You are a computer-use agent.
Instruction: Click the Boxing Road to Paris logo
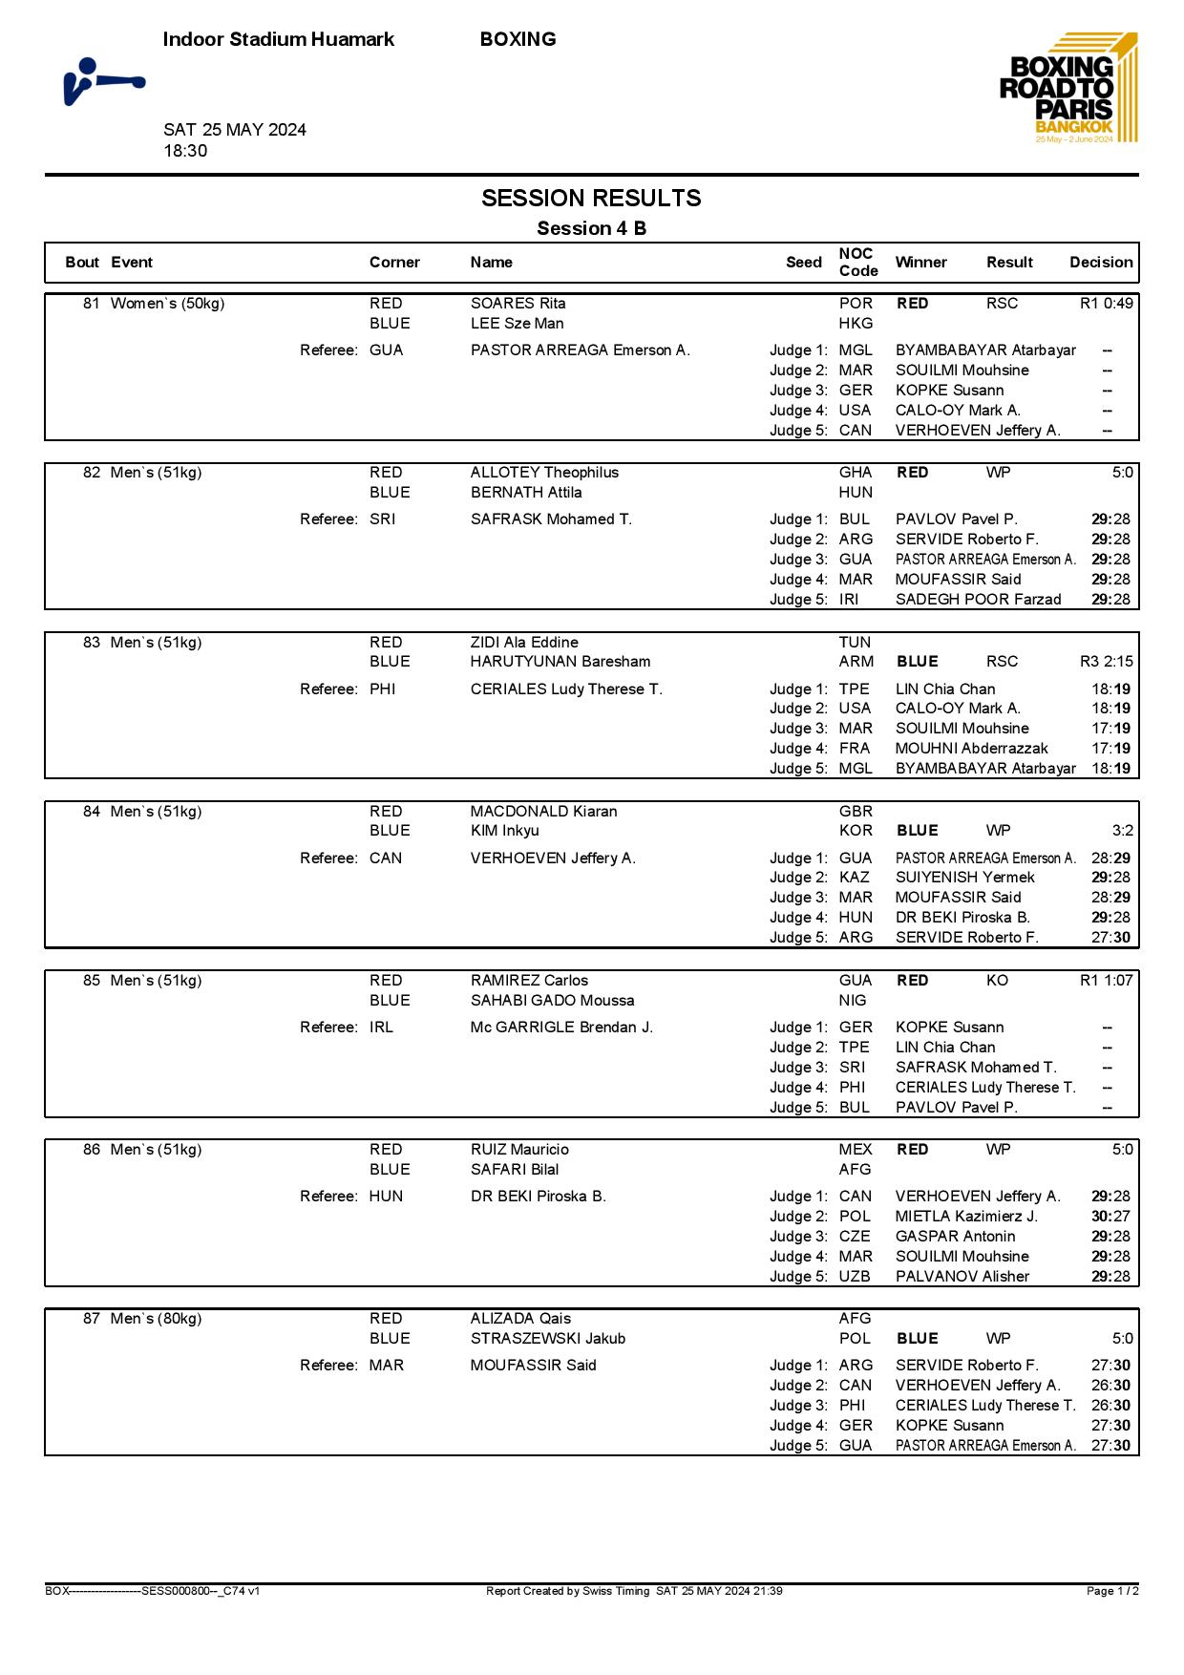coord(1068,89)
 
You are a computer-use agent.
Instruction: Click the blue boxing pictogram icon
coord(103,81)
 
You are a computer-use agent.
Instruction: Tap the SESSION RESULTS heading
coord(591,198)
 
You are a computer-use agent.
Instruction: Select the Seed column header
coord(803,263)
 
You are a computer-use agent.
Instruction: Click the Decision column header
coord(1101,263)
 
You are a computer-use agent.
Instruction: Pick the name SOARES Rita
coord(518,304)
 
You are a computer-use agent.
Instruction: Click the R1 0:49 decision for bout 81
coord(1106,304)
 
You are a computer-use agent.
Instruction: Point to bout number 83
coord(92,643)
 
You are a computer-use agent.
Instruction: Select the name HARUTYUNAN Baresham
coord(560,662)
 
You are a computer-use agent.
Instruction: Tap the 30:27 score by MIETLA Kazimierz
coord(1110,1217)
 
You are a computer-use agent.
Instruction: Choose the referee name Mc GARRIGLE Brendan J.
coord(561,1028)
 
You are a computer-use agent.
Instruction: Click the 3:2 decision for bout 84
coord(1122,831)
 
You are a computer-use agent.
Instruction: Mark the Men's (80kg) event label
coord(156,1319)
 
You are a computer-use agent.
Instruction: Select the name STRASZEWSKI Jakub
coord(547,1339)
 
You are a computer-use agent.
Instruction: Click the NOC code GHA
coord(856,473)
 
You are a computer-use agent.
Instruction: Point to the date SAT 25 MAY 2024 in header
coord(235,130)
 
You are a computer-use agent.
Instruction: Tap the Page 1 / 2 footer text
coord(1112,1591)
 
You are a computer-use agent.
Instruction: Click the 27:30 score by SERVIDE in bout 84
coord(1110,938)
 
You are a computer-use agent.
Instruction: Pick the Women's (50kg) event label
coord(167,304)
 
